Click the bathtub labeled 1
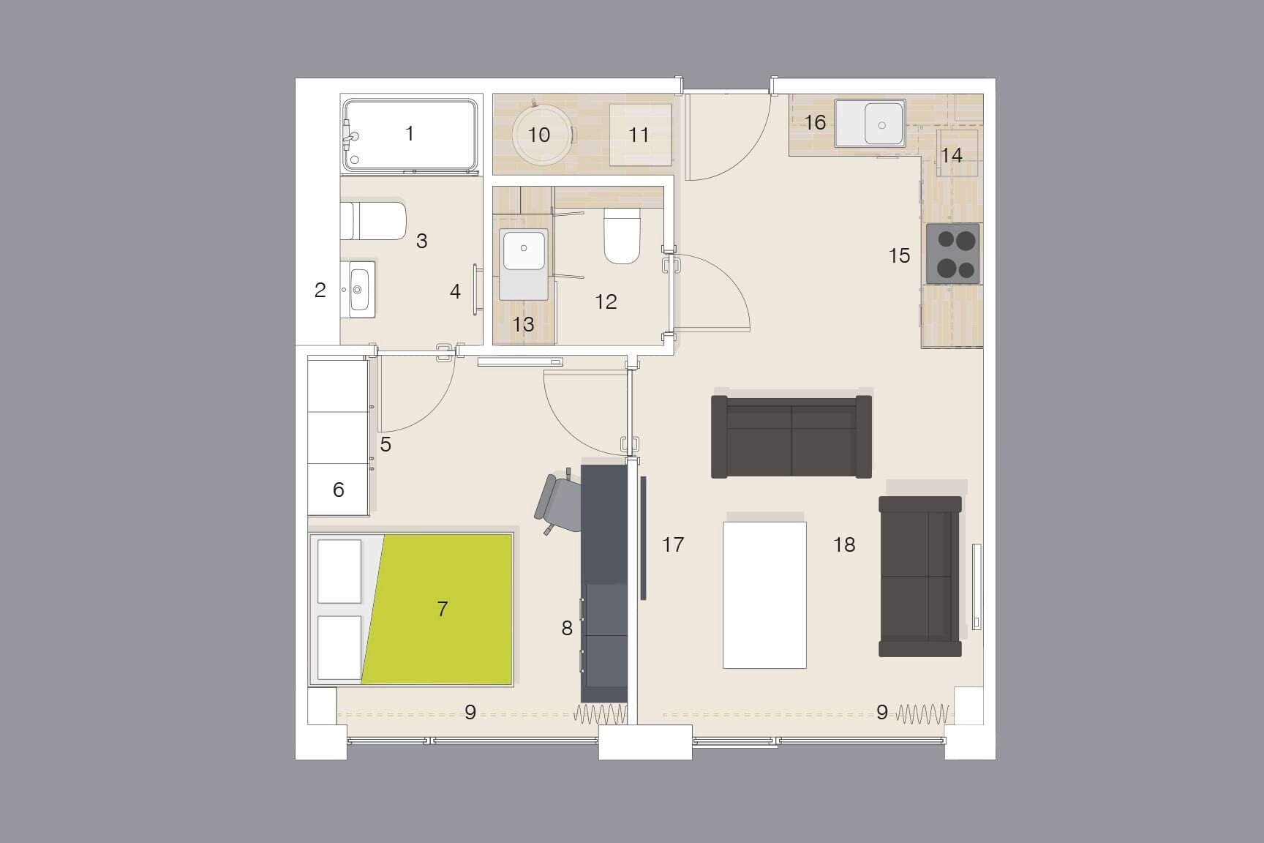coord(410,135)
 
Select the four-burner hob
coord(952,254)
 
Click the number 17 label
coord(673,544)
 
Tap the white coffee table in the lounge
coord(764,594)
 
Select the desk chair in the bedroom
coord(560,504)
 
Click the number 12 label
coord(606,301)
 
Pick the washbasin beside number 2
coord(361,289)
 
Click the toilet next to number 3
coord(375,220)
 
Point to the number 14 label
coord(951,155)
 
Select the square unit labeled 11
coord(640,135)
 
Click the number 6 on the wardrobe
coord(338,490)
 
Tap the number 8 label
coord(567,628)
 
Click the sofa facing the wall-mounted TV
coord(791,437)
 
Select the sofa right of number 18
coord(920,577)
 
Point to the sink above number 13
coord(524,264)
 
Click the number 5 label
coord(385,444)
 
